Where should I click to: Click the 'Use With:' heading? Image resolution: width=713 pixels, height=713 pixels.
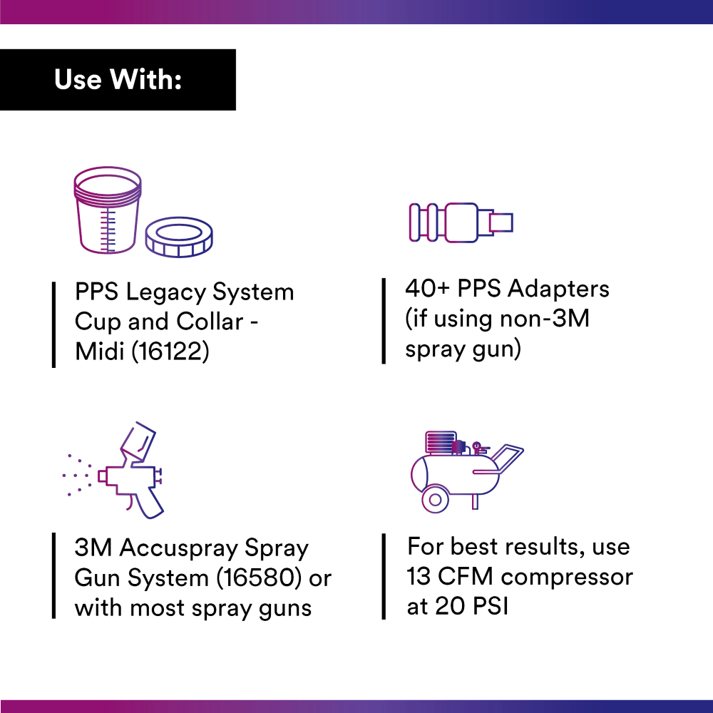118,80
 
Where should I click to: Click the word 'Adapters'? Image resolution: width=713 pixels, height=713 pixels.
559,289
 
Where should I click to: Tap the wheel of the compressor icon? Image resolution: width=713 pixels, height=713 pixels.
435,499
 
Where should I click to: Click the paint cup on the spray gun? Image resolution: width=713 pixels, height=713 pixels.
139,440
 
